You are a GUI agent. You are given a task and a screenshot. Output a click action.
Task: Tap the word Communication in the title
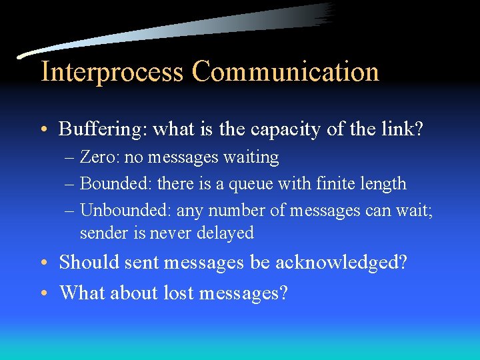[285, 72]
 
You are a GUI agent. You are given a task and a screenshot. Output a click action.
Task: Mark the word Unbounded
[122, 211]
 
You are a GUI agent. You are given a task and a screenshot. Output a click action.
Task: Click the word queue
[269, 183]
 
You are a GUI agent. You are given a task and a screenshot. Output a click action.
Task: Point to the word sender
[101, 233]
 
